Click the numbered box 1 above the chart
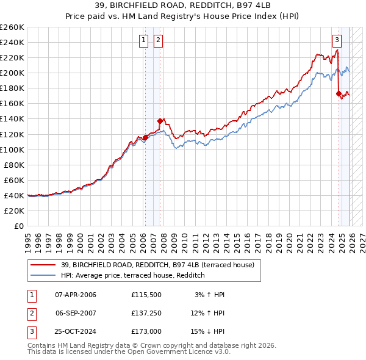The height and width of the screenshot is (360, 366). click(x=143, y=41)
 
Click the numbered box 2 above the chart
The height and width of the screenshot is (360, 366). click(x=158, y=41)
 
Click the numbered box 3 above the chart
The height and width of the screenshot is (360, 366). click(x=337, y=41)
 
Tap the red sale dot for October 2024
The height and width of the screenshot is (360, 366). click(x=339, y=93)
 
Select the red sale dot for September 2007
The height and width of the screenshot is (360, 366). click(x=160, y=121)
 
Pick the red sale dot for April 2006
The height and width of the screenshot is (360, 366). click(x=145, y=137)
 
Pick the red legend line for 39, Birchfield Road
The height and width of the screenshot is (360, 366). click(x=43, y=265)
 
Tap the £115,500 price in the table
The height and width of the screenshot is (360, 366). click(x=146, y=295)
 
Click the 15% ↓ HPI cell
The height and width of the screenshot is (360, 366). click(x=208, y=331)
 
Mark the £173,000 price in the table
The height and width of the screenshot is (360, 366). click(x=146, y=331)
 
